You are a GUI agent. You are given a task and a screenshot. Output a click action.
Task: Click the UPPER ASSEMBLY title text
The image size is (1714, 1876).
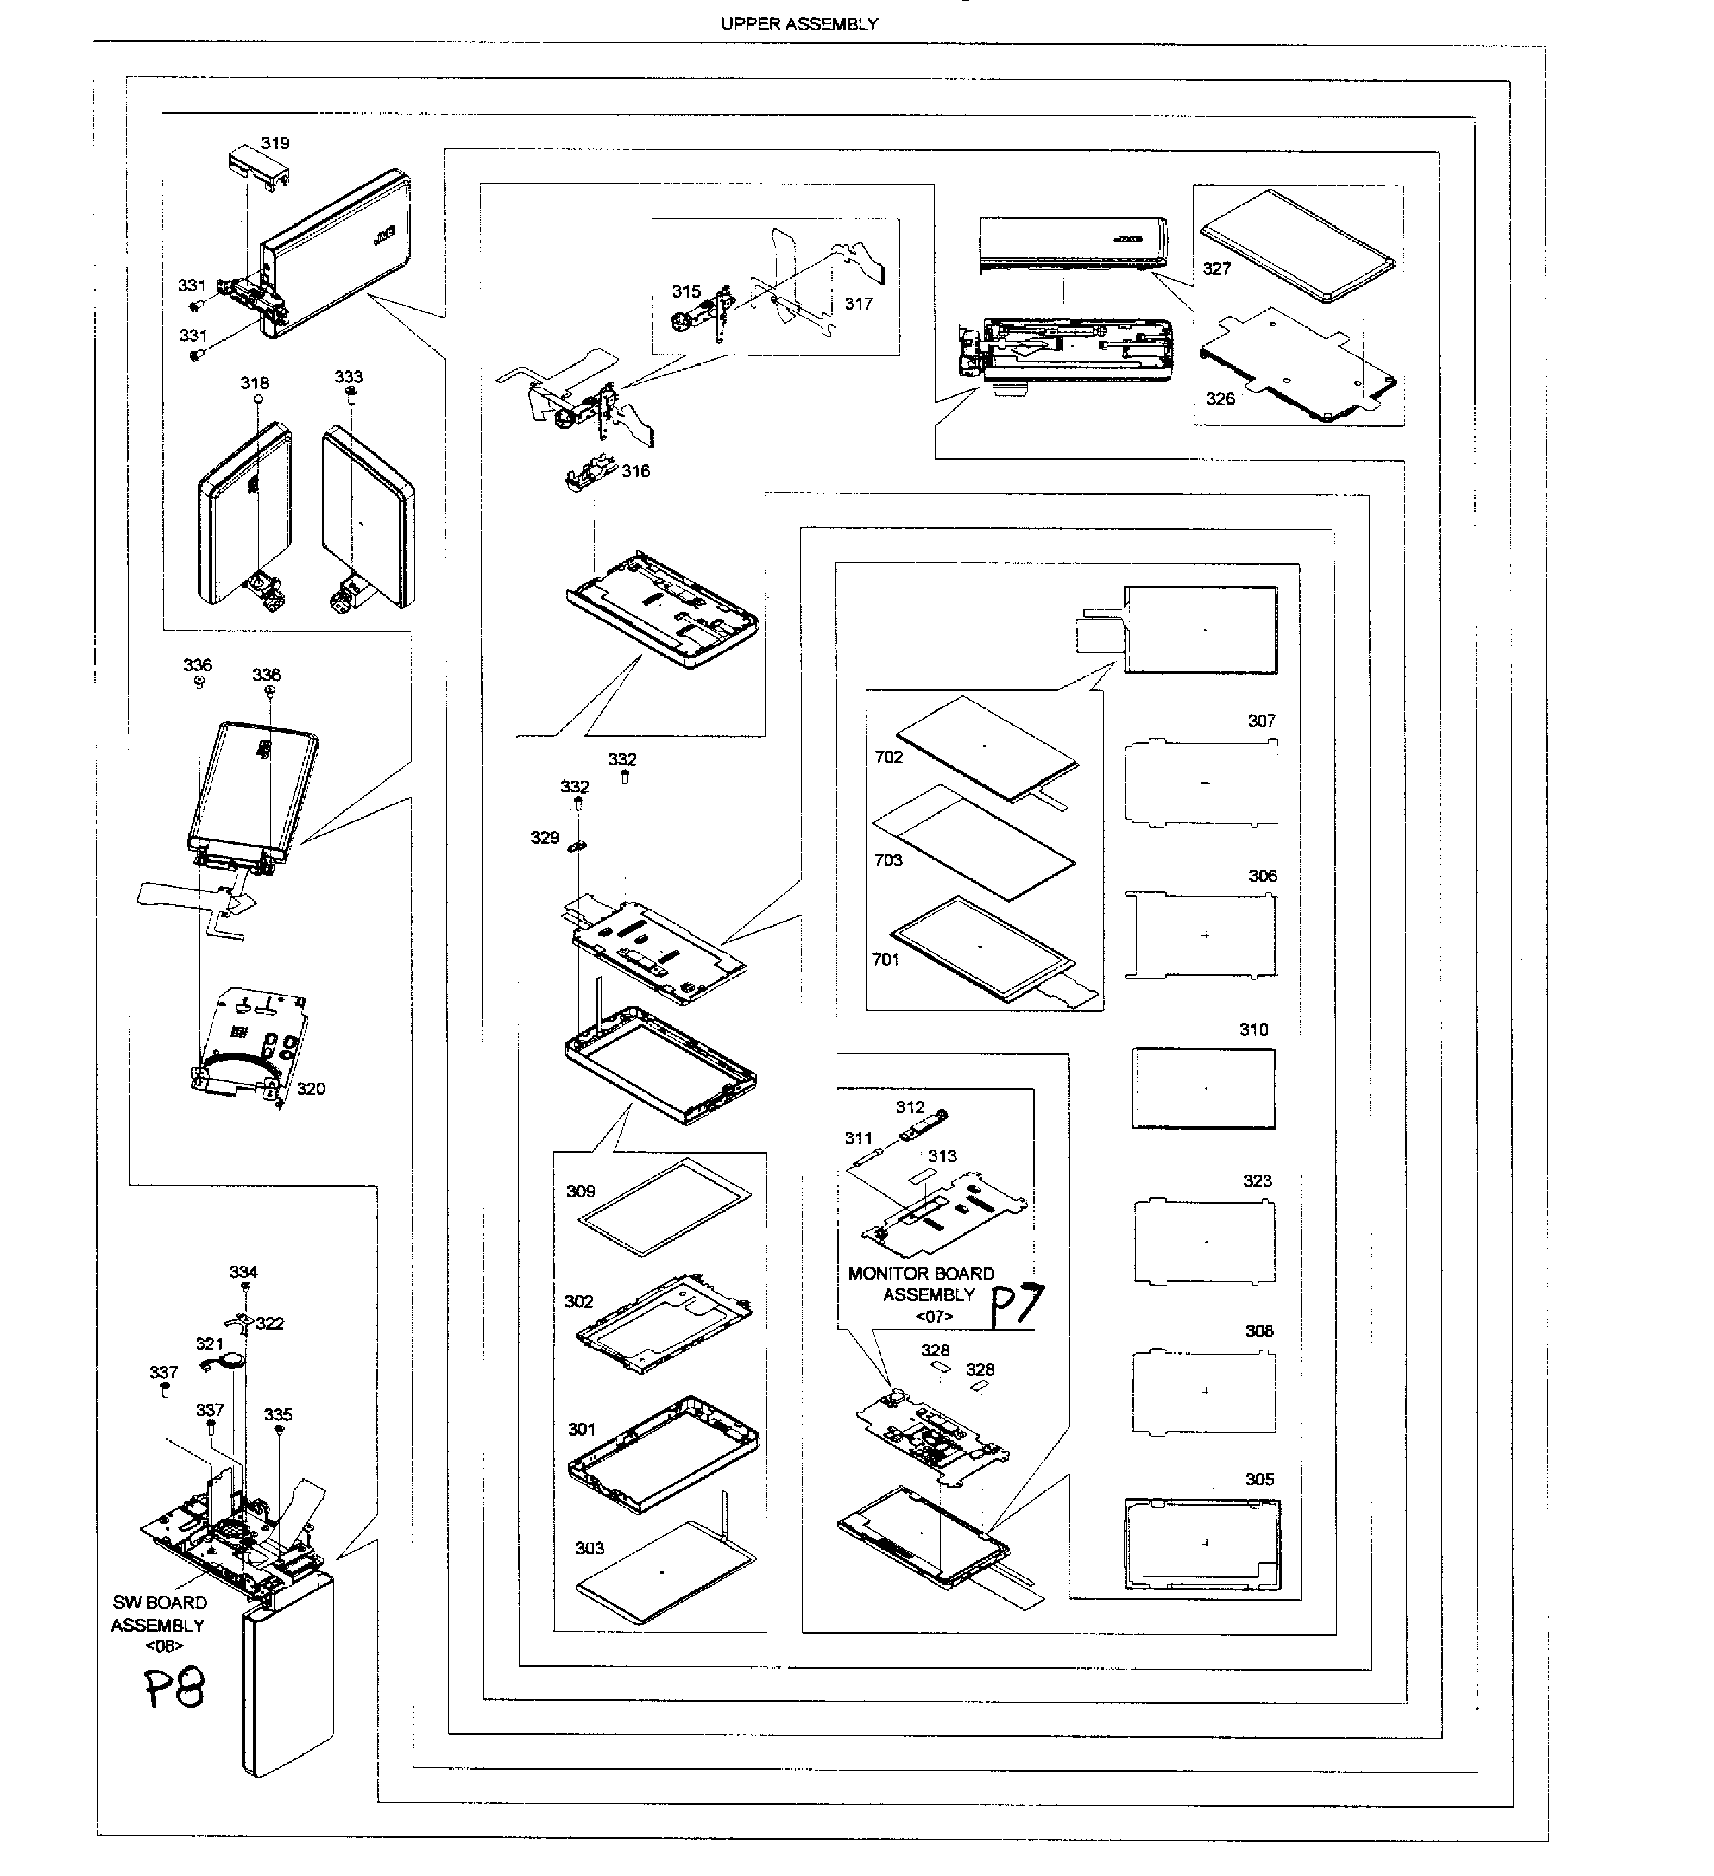point(798,24)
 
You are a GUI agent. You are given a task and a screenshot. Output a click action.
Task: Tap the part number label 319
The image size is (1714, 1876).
point(275,143)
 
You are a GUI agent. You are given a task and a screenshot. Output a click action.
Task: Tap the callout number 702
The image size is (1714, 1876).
point(889,757)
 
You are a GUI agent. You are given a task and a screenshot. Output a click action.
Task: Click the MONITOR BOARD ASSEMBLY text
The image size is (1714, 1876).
point(921,1284)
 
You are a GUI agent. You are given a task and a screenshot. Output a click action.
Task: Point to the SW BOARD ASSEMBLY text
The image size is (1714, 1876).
point(159,1613)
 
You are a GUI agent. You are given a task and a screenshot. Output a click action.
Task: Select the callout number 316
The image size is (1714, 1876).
point(636,471)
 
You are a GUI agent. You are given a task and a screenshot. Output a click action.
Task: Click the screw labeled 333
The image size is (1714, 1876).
point(351,394)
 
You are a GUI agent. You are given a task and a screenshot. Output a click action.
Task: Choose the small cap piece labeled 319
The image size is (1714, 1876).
point(252,170)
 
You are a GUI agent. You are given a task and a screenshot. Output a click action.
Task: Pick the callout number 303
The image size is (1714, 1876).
point(589,1548)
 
